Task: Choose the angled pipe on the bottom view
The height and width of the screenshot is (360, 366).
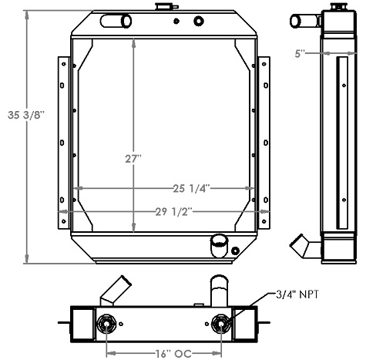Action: pos(115,291)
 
